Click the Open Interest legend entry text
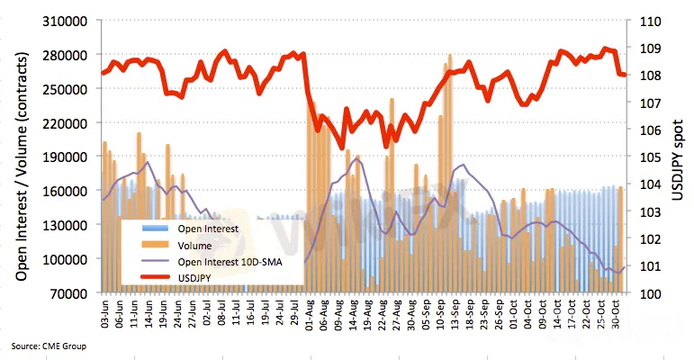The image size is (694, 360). (208, 229)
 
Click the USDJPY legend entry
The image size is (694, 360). (197, 278)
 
